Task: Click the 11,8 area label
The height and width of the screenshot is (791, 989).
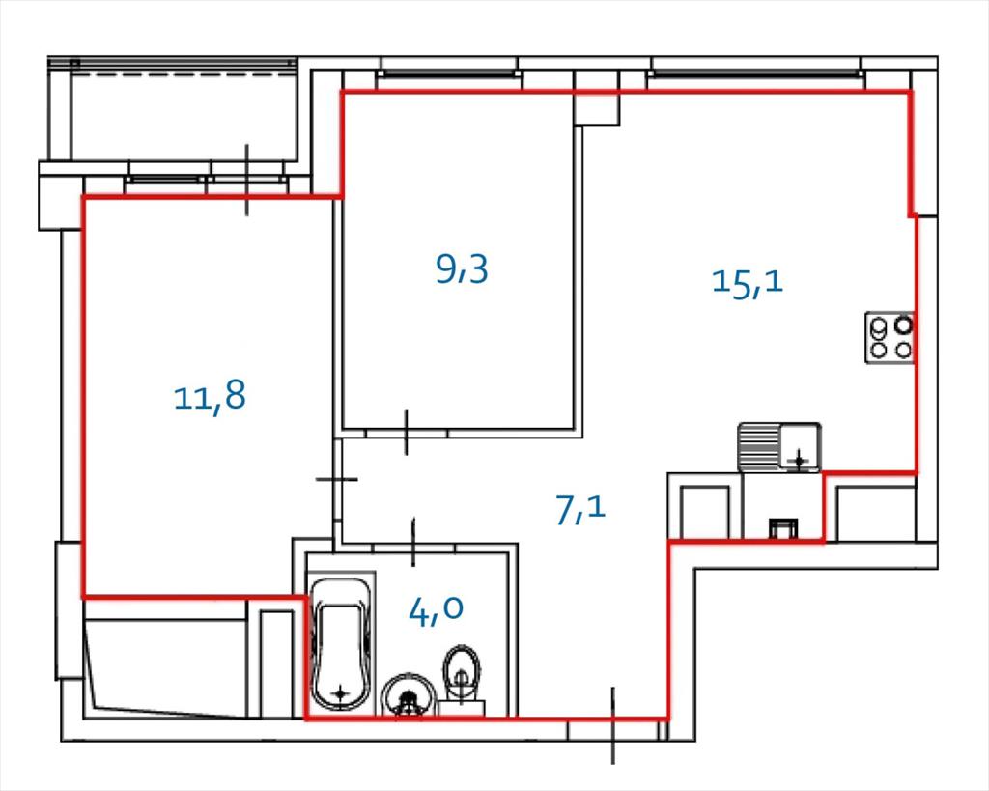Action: [x=210, y=397]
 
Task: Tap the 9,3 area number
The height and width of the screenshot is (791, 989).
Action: [x=463, y=269]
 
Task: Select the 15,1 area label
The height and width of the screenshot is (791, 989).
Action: [x=748, y=281]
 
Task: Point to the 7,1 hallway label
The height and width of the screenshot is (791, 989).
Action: [x=580, y=510]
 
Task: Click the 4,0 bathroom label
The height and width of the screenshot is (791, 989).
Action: [x=437, y=609]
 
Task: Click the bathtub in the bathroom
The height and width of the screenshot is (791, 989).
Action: [x=341, y=644]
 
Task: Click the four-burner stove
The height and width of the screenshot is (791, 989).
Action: [x=890, y=337]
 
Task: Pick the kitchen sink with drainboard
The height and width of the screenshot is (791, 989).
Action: [x=779, y=447]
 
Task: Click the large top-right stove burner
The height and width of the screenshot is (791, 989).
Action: [x=904, y=325]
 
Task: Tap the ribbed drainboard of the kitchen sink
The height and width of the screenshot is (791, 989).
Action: [x=759, y=447]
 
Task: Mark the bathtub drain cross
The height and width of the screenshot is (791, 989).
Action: [x=341, y=693]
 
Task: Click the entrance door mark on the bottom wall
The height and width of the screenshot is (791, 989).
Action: [x=612, y=725]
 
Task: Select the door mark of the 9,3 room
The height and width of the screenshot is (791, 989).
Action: [x=407, y=432]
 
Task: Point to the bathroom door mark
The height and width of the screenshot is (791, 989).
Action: [x=413, y=542]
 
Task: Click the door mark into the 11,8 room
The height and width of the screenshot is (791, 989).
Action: [x=337, y=479]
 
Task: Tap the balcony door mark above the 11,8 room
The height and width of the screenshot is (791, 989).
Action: [x=246, y=180]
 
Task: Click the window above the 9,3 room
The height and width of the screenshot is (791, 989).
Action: [x=449, y=73]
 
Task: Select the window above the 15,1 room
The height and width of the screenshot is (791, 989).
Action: [x=755, y=73]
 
